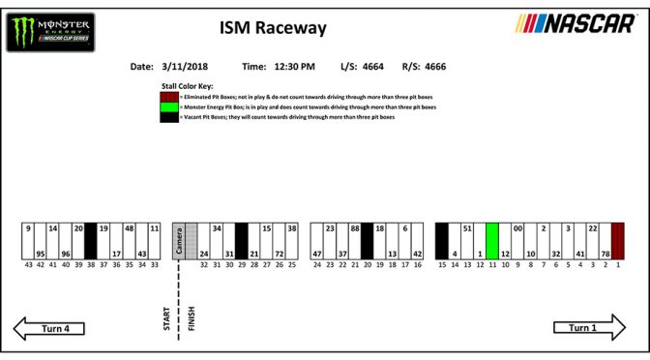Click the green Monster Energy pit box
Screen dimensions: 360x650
491,241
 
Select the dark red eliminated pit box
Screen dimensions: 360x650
618,241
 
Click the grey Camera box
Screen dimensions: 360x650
179,241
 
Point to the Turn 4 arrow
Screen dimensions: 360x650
55,328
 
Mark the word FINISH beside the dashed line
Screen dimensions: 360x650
191,319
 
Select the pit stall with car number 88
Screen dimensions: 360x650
355,241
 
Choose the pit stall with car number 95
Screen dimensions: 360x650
41,241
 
